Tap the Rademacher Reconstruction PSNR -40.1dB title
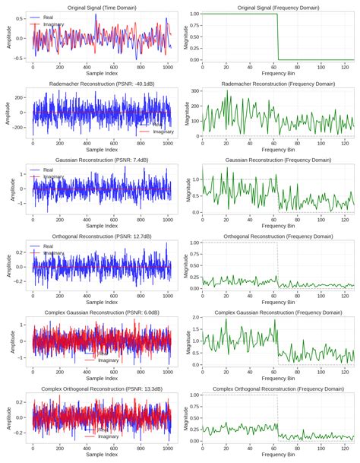tap(98, 84)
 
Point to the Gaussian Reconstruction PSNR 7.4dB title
tap(98, 160)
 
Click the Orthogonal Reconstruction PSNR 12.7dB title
tap(98, 236)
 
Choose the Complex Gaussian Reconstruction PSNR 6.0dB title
tap(98, 312)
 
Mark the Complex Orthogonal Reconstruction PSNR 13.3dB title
tap(98, 388)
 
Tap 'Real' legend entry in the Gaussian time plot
tap(48, 170)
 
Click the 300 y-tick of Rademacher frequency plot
tap(194, 91)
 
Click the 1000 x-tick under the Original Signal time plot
tap(168, 68)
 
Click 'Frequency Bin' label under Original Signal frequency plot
tap(273, 75)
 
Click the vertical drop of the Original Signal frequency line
tap(278, 36)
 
